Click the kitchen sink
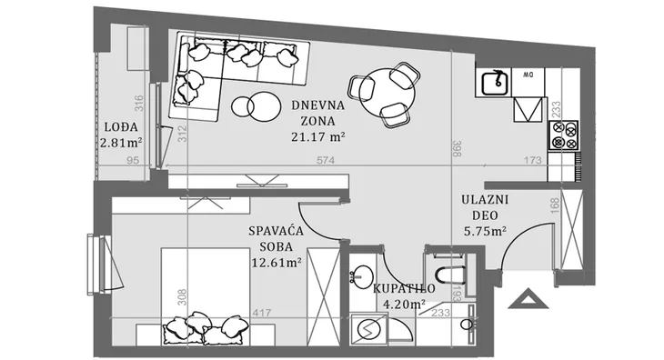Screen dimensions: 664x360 [x=495, y=83]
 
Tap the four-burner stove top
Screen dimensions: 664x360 [x=564, y=135]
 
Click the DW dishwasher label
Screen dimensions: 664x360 [x=528, y=75]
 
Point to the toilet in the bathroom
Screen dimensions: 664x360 [x=450, y=275]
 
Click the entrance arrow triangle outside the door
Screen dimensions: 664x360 [x=528, y=299]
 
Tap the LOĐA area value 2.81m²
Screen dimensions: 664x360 [x=121, y=142]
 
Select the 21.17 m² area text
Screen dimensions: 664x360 [x=318, y=136]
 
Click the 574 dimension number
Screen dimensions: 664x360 [x=326, y=160]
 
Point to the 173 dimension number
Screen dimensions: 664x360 [x=532, y=160]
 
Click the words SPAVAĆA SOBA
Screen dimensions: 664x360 [x=277, y=238]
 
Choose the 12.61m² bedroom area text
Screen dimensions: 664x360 [x=277, y=263]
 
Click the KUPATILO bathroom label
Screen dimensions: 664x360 [x=404, y=288]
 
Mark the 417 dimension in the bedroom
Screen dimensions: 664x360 [x=262, y=313]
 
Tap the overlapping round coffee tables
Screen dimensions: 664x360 [x=257, y=105]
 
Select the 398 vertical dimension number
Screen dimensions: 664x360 [x=457, y=148]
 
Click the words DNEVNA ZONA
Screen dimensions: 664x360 [x=318, y=113]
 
